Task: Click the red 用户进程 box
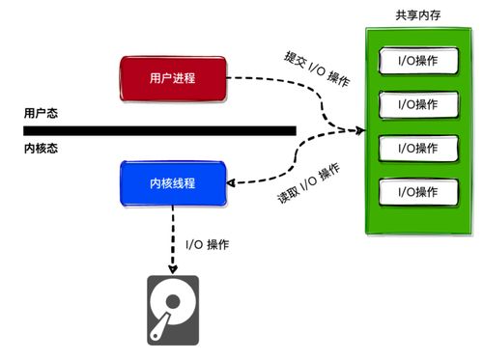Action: point(173,77)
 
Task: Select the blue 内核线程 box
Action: point(173,182)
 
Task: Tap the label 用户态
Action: point(42,113)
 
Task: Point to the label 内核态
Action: point(42,149)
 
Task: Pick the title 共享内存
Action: point(417,16)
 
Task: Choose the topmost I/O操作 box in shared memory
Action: point(417,61)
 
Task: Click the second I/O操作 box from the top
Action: point(417,103)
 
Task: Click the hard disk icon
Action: point(173,310)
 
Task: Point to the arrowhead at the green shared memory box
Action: point(358,130)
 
